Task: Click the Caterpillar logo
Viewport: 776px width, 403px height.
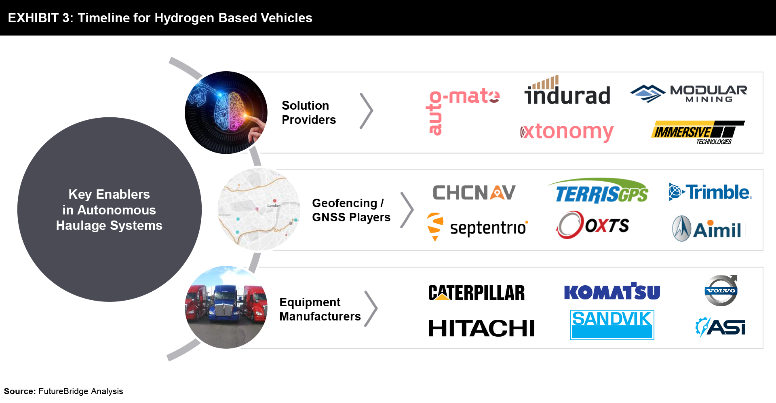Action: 477,293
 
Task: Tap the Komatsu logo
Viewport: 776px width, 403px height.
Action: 612,291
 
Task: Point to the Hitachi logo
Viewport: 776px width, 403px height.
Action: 481,328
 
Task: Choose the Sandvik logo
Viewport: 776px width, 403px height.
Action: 612,325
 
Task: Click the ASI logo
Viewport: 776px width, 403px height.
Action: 720,327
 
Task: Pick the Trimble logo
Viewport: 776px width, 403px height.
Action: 710,192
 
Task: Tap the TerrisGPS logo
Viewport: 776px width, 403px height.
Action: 599,191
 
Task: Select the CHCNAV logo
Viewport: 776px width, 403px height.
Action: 474,193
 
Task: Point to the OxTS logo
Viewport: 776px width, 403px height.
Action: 593,225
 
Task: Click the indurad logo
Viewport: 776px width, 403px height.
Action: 567,90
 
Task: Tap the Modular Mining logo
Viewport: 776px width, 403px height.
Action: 689,93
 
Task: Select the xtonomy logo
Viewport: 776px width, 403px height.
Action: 567,132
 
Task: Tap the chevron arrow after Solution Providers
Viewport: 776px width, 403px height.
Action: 367,111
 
